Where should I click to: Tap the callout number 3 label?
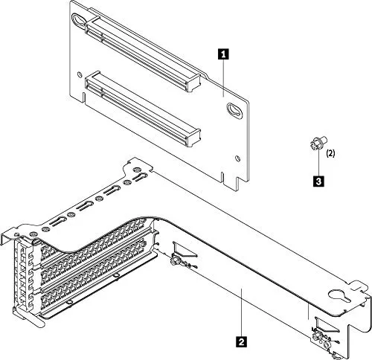pyautogui.click(x=318, y=179)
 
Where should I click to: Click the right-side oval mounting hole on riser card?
pyautogui.click(x=234, y=111)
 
